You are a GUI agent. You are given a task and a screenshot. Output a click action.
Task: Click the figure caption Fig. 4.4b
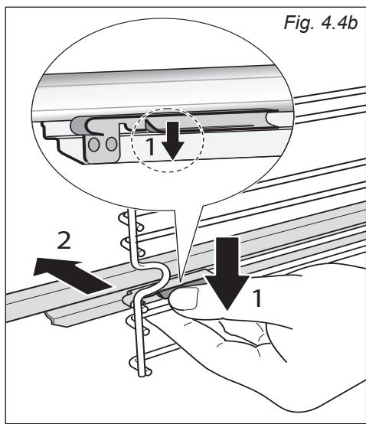tap(321, 23)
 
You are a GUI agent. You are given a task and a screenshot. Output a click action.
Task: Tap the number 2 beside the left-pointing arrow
tap(64, 241)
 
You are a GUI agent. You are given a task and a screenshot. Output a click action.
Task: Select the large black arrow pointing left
tap(73, 276)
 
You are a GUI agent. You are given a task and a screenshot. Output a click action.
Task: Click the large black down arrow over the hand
tap(227, 273)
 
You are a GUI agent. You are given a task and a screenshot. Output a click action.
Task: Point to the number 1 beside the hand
tap(257, 298)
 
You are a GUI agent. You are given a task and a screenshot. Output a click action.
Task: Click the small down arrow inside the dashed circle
tap(173, 141)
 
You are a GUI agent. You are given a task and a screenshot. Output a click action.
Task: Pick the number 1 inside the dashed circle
tap(150, 146)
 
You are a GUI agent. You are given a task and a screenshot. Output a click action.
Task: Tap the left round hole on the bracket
tap(94, 145)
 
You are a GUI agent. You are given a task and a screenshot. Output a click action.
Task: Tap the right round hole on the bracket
tap(111, 144)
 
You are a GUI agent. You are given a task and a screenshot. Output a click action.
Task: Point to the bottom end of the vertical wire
tap(142, 374)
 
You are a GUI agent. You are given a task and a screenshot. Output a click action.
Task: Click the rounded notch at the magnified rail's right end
tap(272, 119)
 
